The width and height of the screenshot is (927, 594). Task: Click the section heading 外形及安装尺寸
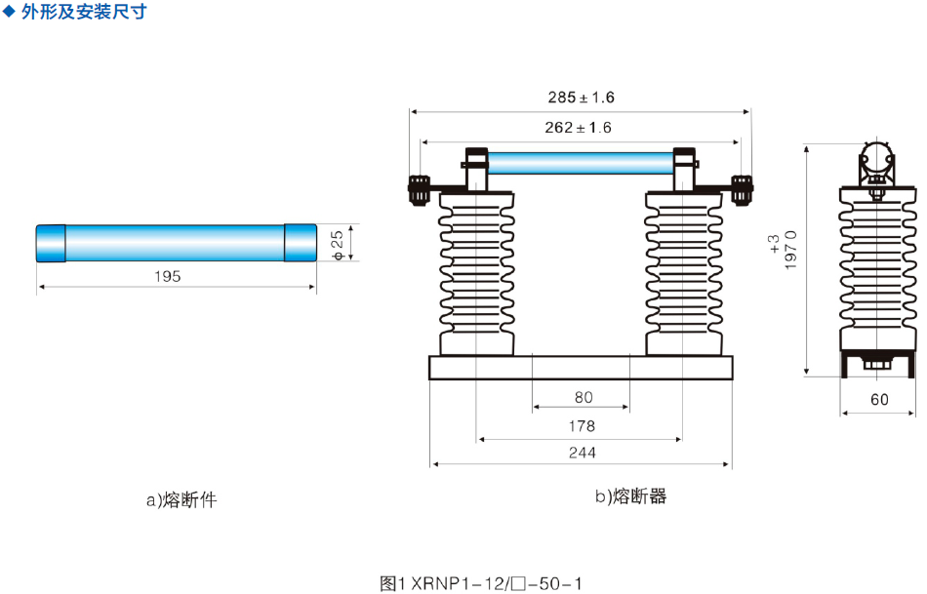point(83,15)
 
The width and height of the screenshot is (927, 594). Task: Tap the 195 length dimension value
point(168,276)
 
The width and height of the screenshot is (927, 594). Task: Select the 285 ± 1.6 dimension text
point(581,98)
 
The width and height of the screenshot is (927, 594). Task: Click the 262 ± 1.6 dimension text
point(581,128)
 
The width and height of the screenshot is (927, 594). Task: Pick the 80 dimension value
point(584,397)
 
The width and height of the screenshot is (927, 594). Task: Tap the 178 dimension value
point(584,425)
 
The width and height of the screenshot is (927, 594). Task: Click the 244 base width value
point(584,452)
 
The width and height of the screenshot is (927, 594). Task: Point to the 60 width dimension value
point(879,399)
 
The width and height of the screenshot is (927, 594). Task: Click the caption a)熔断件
point(181,500)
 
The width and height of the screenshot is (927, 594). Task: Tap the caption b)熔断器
point(631,496)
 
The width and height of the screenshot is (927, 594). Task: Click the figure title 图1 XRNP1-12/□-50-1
point(481,583)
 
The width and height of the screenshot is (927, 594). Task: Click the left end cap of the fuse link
point(51,243)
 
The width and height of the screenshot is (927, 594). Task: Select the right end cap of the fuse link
point(300,243)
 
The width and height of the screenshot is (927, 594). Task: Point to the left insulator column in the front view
point(476,273)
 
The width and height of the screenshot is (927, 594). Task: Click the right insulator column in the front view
point(683,273)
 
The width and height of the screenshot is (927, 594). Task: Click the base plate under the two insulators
point(581,368)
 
